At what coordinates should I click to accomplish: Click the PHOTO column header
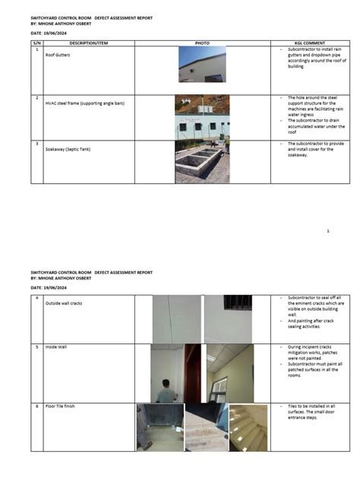pos(201,43)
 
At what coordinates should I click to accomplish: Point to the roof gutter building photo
pos(201,64)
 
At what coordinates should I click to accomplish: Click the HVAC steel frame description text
pos(80,103)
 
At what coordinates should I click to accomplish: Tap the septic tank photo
pos(202,161)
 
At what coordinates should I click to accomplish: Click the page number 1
pos(327,230)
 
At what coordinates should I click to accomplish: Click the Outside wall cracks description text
pos(68,303)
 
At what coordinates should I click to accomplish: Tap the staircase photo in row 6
pos(248,428)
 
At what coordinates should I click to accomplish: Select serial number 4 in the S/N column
pos(37,298)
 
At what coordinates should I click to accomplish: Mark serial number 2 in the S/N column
pos(37,98)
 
